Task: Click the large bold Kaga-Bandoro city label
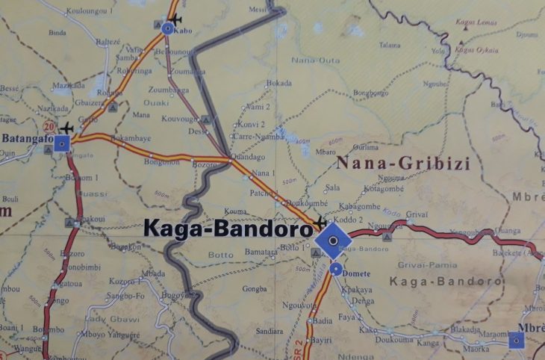226,229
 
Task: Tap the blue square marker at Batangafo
63,143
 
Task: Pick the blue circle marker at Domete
337,270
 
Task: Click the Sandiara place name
270,329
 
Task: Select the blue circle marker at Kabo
167,28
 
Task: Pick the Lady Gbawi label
123,319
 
